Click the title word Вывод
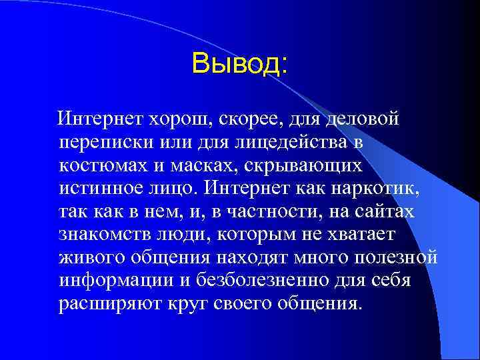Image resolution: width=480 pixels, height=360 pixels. [239, 64]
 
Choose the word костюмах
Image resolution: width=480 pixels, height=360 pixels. [103, 165]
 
